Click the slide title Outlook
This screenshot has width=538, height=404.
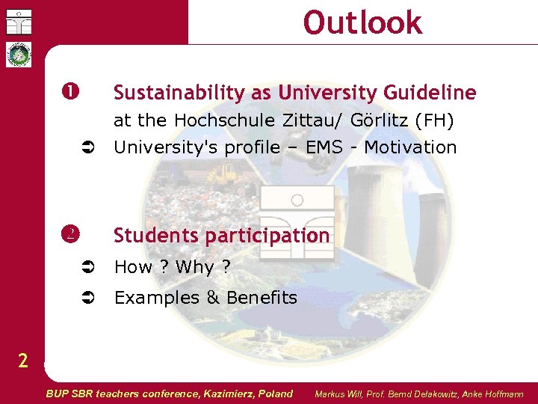tap(362, 22)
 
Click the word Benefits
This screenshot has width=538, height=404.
tap(262, 298)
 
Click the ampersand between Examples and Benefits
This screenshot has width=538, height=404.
tap(212, 298)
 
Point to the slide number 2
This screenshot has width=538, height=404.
tap(23, 361)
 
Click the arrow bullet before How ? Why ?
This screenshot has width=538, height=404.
tap(87, 267)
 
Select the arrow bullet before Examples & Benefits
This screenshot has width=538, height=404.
tap(87, 298)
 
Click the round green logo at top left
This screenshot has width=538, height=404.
tap(17, 55)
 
